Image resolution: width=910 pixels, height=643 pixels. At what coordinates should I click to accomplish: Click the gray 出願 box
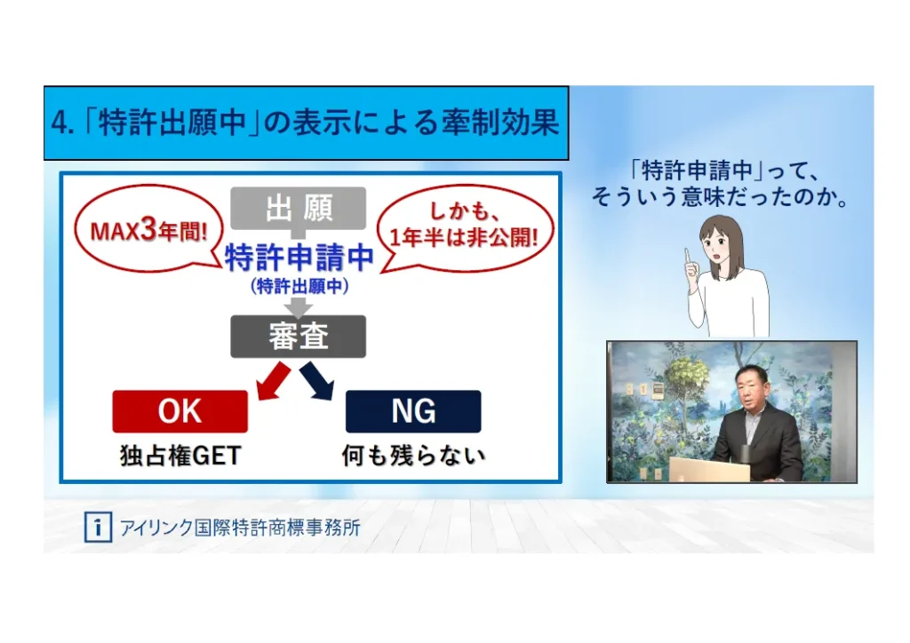click(299, 208)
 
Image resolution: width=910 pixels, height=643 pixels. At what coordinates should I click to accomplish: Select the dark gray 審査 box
click(299, 337)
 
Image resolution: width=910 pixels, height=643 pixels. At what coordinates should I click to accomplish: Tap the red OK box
click(180, 411)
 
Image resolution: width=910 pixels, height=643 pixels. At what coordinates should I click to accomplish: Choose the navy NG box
click(413, 411)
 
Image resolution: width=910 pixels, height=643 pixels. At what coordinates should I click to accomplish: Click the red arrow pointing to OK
click(273, 381)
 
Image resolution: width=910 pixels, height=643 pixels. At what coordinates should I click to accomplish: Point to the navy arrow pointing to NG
click(317, 381)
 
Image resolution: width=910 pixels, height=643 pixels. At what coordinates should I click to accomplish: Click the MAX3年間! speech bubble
click(149, 229)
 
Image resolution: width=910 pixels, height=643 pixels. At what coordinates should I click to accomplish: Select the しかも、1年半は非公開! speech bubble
click(465, 228)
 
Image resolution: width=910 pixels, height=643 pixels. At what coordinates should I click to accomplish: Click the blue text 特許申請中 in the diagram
click(299, 258)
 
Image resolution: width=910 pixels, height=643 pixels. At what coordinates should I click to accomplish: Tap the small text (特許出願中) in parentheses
click(299, 286)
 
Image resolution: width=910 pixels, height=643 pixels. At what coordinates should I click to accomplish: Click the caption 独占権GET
click(180, 456)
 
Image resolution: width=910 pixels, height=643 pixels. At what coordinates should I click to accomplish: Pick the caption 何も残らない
click(413, 456)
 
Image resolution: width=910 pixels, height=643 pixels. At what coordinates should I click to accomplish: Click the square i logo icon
click(98, 527)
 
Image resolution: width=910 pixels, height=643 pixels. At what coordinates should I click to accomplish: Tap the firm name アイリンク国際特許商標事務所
click(240, 528)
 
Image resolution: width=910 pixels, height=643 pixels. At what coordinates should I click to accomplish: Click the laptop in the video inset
click(709, 470)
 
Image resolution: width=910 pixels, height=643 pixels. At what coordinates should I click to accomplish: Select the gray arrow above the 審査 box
click(299, 307)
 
